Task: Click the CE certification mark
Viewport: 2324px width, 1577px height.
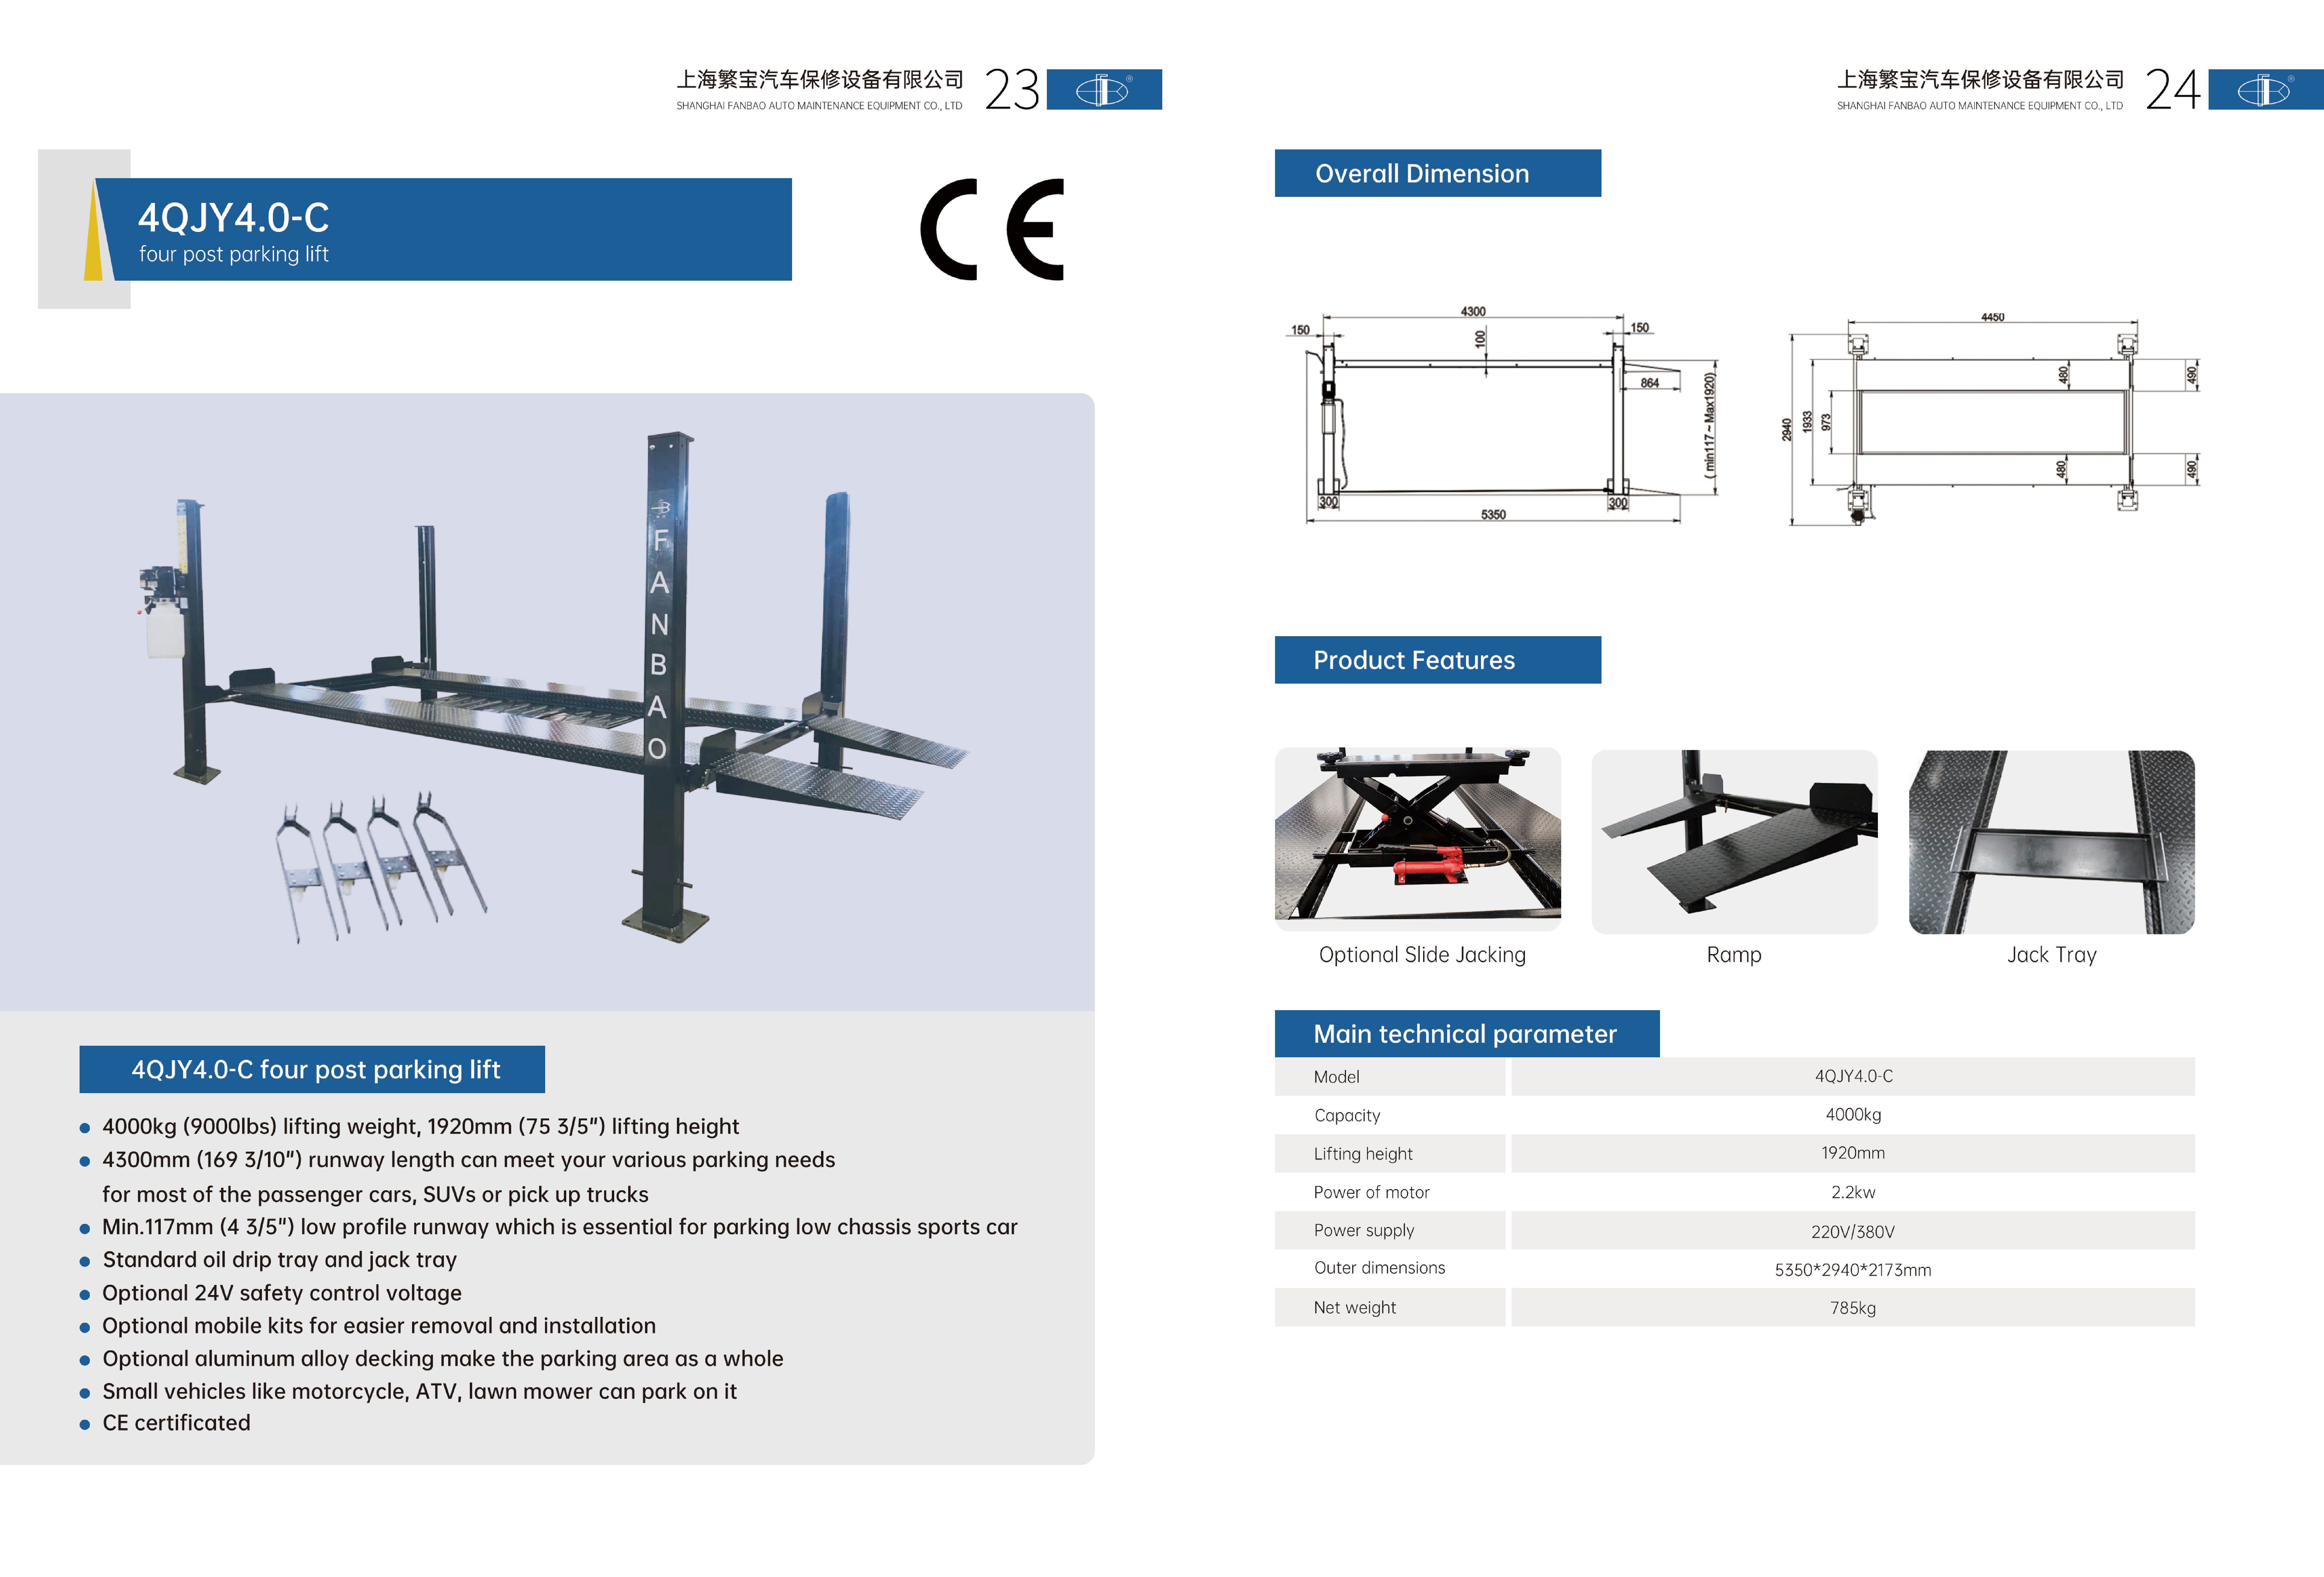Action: [992, 230]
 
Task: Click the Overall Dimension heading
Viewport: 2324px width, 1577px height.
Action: [1421, 174]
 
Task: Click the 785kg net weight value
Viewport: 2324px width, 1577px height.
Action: [1852, 1308]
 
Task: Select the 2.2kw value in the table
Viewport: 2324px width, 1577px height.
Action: [1852, 1192]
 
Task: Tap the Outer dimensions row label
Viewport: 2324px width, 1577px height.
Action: [1379, 1268]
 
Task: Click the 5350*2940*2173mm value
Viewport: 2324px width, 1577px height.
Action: [1852, 1270]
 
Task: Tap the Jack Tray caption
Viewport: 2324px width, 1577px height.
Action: [2051, 955]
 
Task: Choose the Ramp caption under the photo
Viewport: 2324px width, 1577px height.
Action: [1733, 955]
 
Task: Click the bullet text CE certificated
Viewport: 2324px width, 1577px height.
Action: [176, 1423]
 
